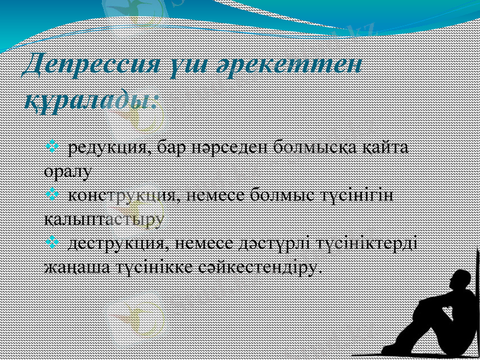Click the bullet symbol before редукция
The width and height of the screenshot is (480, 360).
52,146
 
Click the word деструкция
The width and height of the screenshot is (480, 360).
116,243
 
